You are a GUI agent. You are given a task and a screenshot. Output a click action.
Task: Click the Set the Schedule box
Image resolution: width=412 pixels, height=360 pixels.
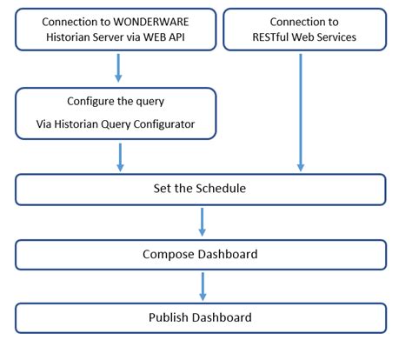click(x=201, y=190)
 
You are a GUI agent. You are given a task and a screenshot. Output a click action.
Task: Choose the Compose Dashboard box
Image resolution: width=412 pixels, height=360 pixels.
click(x=201, y=254)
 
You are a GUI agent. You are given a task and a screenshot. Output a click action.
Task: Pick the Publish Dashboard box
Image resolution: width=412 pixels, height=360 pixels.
click(x=201, y=317)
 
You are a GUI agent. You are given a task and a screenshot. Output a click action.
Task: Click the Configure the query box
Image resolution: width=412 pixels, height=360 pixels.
click(x=116, y=113)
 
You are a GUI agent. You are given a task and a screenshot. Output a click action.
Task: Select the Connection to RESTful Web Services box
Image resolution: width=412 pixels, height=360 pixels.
click(x=303, y=30)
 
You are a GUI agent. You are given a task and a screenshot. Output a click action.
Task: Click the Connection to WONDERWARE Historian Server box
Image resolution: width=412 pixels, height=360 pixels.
click(x=116, y=30)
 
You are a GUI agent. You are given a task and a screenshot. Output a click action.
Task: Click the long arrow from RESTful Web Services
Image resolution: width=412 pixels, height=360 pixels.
click(x=301, y=109)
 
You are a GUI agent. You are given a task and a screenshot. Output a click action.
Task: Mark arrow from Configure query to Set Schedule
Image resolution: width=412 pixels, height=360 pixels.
click(x=120, y=157)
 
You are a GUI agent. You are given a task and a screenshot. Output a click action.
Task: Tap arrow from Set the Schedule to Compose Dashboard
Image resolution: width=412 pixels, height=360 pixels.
click(x=202, y=222)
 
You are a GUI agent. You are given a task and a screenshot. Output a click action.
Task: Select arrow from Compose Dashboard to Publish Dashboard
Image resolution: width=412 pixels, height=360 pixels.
click(x=202, y=285)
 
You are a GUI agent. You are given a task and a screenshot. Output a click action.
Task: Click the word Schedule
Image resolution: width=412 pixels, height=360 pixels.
click(x=223, y=190)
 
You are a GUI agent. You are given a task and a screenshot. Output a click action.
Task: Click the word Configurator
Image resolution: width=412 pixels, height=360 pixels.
click(x=174, y=124)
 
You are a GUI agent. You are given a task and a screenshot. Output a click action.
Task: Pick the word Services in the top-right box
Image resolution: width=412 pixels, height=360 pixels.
click(x=334, y=38)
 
